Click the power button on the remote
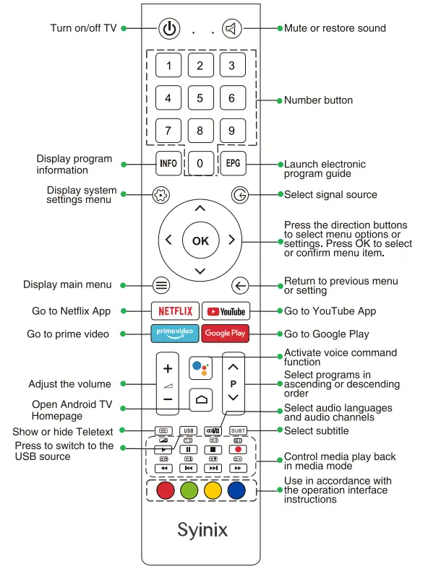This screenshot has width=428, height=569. tap(168, 29)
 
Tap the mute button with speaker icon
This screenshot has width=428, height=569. tap(231, 29)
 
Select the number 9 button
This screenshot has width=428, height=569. tap(231, 131)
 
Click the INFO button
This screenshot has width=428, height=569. tap(168, 163)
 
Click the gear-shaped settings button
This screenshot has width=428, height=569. tap(160, 195)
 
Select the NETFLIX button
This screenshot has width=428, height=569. tap(175, 311)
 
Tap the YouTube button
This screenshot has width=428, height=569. tap(226, 311)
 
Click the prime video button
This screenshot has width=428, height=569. tap(175, 333)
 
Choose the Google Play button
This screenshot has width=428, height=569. tap(226, 333)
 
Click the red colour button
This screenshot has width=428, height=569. tap(166, 490)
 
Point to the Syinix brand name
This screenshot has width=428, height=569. tap(202, 529)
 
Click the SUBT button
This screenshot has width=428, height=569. tap(238, 431)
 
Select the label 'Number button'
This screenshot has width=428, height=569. tap(318, 100)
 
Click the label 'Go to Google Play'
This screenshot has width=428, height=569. tap(326, 334)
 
